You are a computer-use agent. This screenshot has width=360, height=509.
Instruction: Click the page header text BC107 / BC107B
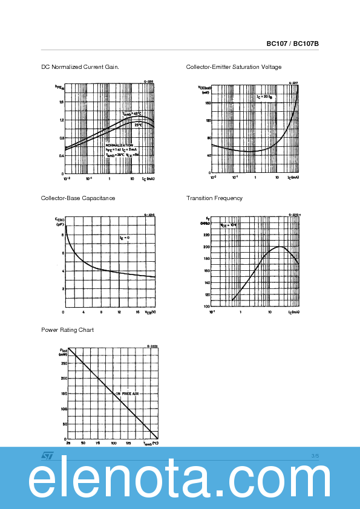click(292, 44)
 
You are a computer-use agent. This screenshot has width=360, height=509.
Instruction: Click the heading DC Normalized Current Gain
click(80, 66)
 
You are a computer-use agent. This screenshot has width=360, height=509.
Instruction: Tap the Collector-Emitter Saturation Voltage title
click(234, 66)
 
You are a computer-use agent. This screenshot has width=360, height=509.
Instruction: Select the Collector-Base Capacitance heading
click(78, 198)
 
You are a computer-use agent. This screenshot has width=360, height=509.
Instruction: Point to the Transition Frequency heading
click(214, 198)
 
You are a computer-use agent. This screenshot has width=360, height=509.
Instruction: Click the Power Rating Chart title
click(67, 330)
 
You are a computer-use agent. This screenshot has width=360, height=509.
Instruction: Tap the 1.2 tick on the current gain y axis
click(61, 120)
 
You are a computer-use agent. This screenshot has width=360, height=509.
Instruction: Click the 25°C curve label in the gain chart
click(139, 125)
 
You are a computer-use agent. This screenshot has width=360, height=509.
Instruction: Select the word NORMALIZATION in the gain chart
click(119, 146)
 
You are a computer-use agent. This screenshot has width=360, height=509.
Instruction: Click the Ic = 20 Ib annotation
click(264, 97)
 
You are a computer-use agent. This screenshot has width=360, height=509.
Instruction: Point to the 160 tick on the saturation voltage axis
click(208, 103)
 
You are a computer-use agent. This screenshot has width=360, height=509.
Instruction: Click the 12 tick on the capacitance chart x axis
click(119, 312)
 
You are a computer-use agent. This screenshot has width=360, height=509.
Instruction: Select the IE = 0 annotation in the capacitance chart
click(125, 238)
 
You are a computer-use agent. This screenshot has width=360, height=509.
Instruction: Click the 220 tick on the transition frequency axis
click(206, 235)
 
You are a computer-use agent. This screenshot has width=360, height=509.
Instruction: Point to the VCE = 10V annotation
click(229, 225)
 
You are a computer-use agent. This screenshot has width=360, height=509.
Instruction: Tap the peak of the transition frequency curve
click(280, 246)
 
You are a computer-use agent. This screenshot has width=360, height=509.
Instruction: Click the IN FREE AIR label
click(128, 394)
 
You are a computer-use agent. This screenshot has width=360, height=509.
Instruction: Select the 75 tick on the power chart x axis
click(98, 443)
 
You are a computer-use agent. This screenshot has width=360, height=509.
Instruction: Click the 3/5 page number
click(315, 455)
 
